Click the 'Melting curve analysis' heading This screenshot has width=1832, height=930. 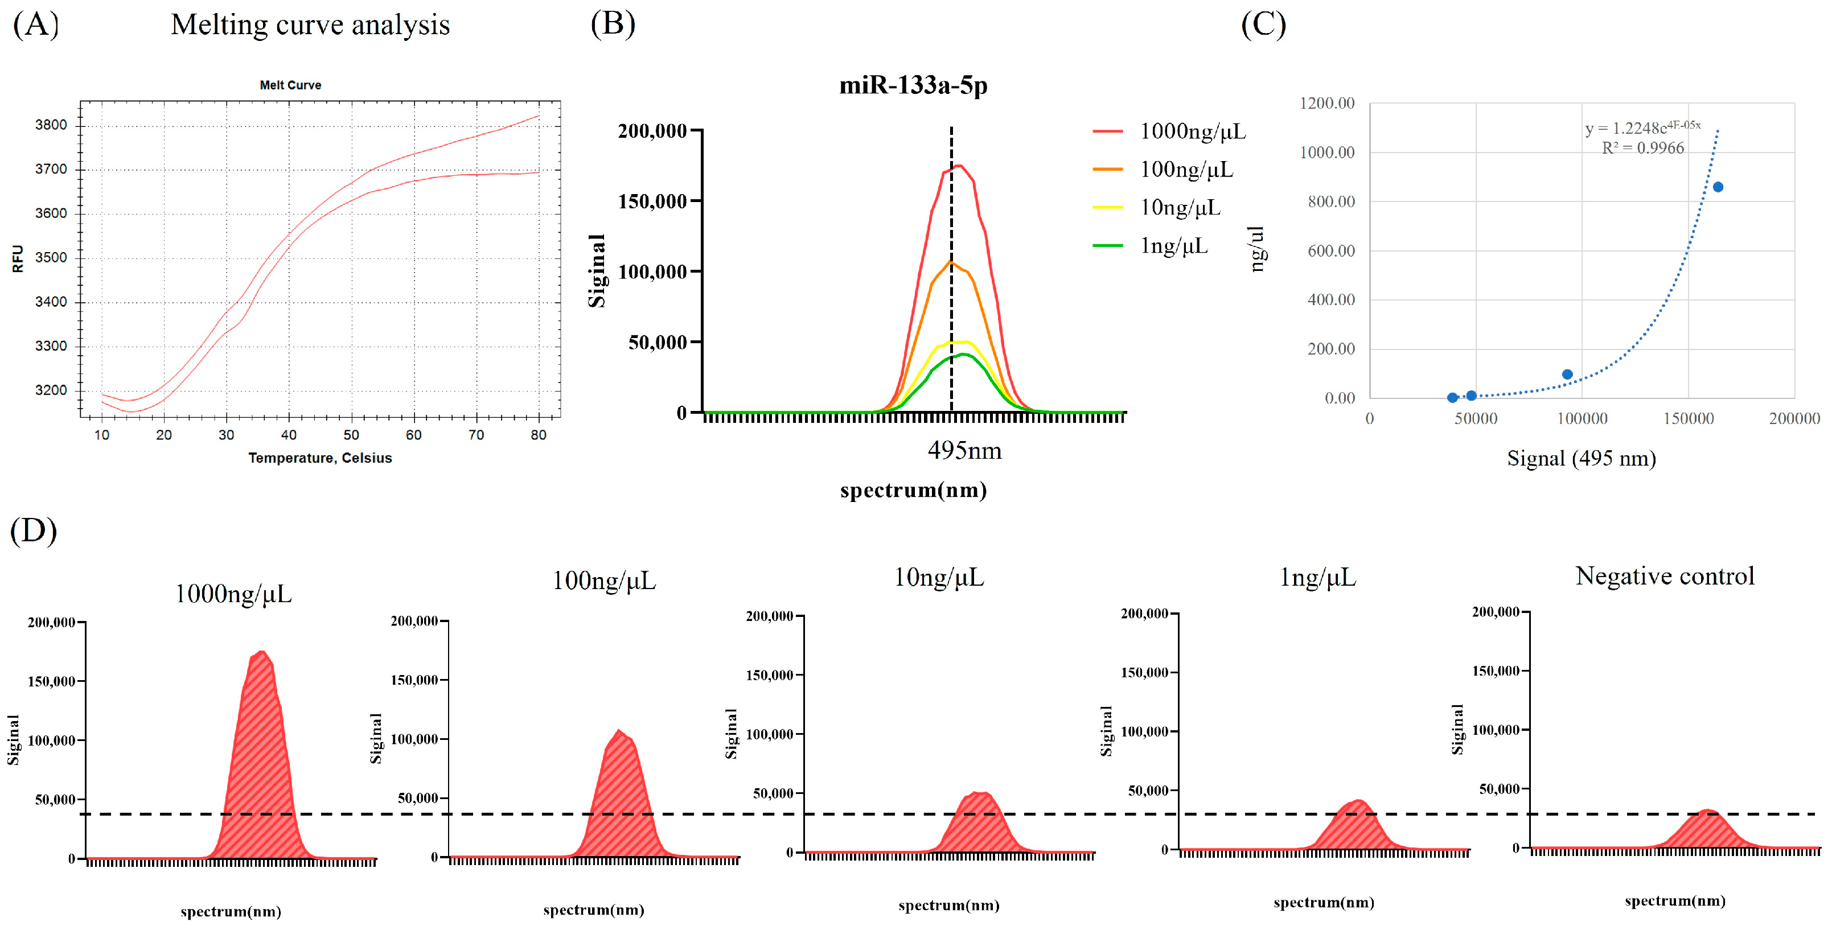(310, 25)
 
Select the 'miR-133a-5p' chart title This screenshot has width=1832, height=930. (913, 85)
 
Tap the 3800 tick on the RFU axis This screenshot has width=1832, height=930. (51, 125)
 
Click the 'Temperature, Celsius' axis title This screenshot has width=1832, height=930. (320, 458)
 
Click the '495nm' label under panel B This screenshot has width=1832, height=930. (964, 451)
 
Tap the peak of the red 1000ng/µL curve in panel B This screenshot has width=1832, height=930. (958, 166)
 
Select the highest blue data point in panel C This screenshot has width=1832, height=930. (1718, 187)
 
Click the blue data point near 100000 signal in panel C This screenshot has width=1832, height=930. (1567, 375)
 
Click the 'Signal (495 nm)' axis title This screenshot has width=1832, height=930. (1581, 459)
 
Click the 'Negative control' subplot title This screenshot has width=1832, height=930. (1664, 576)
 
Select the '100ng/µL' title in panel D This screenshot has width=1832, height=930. (604, 581)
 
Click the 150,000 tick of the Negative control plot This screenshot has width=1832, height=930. (1495, 670)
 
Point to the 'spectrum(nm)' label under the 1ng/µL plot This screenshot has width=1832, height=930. (1324, 902)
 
